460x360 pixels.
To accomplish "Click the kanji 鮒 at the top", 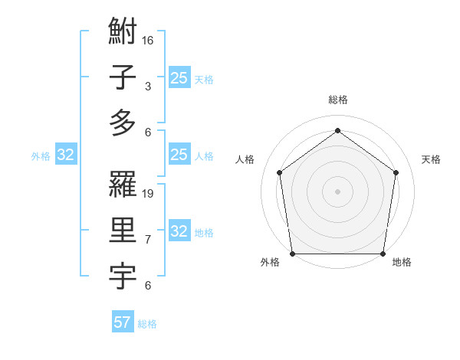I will click(123, 33).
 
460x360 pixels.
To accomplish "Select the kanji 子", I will click(123, 78).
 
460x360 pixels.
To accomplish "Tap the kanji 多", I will click(123, 123).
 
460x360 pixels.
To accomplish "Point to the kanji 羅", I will click(123, 185).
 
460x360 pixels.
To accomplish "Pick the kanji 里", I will click(123, 231).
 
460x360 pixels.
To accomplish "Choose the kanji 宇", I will click(123, 275).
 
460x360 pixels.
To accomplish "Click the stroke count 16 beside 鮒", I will click(149, 40).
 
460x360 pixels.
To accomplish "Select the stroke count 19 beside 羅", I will click(149, 193).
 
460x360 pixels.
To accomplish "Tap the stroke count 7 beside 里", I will click(148, 239).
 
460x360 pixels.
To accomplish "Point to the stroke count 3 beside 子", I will click(148, 86).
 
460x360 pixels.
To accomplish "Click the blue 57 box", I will click(123, 322).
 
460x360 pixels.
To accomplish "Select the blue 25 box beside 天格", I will click(179, 78).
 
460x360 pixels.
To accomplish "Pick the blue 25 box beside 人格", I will click(179, 155).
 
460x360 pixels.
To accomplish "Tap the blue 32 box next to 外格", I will click(66, 155).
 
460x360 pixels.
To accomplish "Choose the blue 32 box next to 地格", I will click(179, 232).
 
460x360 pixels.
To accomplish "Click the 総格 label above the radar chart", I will click(337, 100).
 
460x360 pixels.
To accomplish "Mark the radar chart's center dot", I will click(337, 191).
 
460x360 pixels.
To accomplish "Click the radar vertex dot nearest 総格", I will click(337, 131).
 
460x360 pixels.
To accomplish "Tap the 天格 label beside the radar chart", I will click(431, 159).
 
